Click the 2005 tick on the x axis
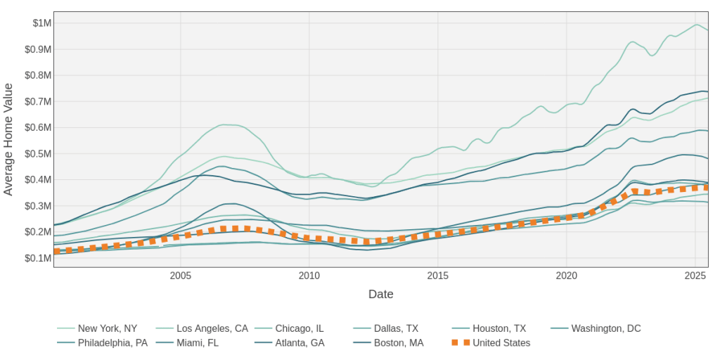[181, 276]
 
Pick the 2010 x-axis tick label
[309, 276]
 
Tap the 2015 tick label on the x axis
[438, 276]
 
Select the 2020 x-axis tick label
[567, 276]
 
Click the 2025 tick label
[695, 276]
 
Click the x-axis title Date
[381, 294]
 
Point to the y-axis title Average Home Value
[8, 139]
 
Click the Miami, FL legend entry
[208, 343]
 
